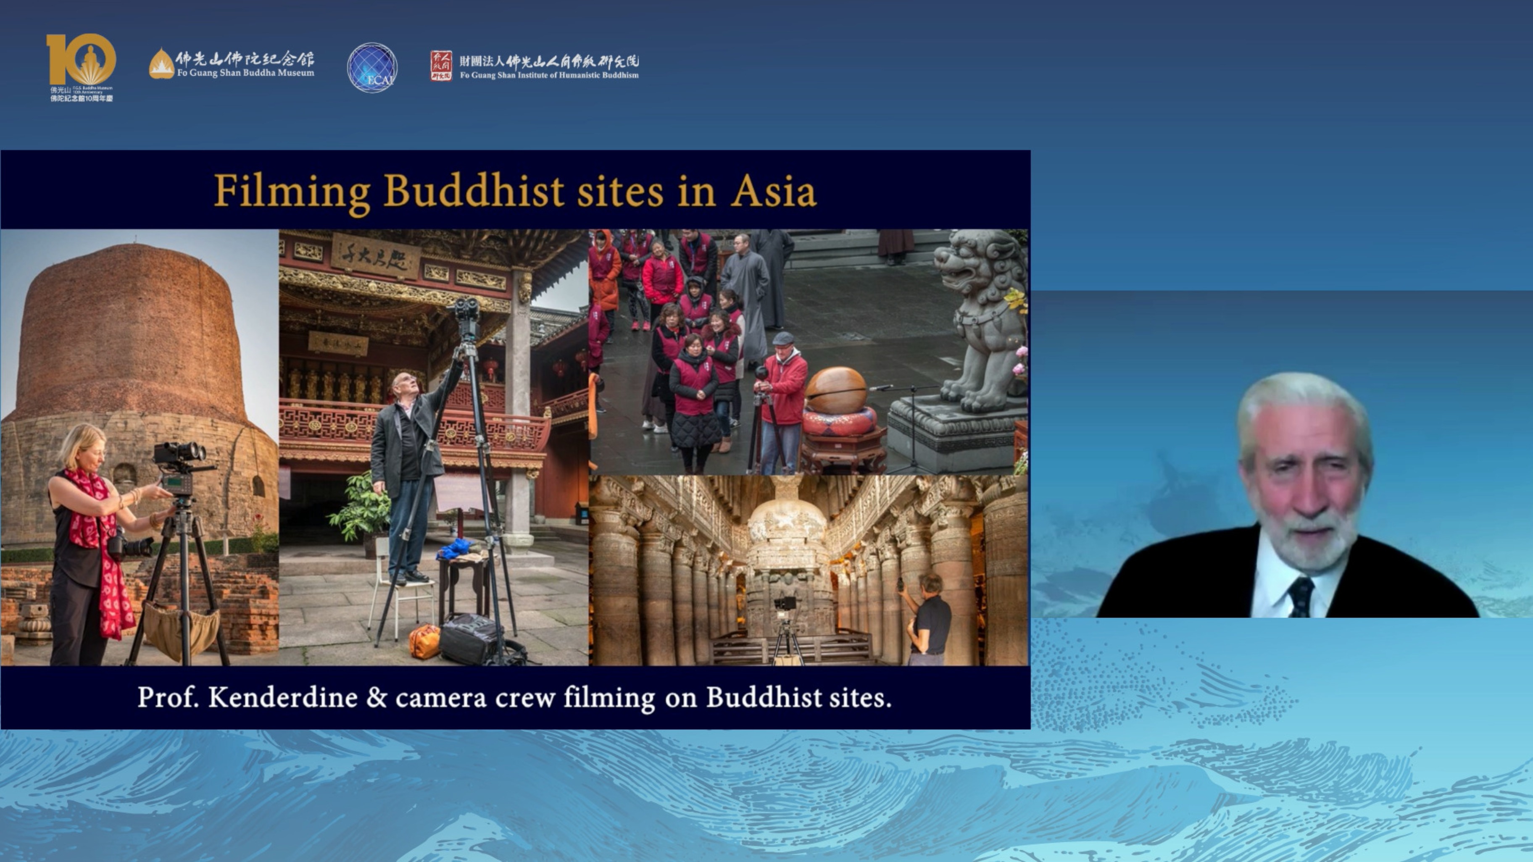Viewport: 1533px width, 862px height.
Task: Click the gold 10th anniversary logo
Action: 81,60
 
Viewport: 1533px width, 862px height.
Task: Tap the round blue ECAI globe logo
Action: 372,67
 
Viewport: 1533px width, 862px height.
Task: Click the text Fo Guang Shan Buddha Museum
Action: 245,73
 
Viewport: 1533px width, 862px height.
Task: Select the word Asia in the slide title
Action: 773,192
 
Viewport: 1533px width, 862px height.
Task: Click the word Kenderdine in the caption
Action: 283,697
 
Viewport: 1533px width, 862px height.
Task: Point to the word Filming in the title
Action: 292,192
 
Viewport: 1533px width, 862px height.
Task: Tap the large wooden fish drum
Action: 836,390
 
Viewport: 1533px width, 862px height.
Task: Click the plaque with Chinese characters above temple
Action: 375,255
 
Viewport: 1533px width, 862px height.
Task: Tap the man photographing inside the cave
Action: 927,619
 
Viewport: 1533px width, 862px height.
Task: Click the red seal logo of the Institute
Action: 441,66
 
